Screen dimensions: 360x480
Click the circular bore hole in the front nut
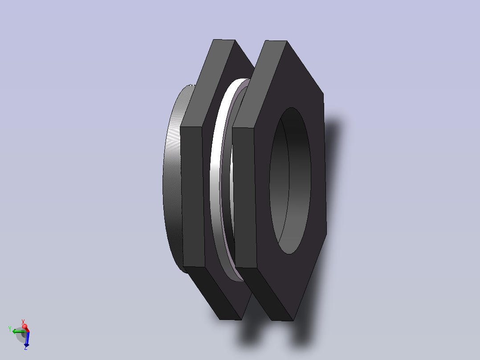click(x=290, y=180)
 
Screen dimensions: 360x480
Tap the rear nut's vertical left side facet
click(x=192, y=196)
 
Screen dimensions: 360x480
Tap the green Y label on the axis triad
click(x=9, y=329)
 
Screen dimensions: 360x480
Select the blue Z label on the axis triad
click(x=26, y=348)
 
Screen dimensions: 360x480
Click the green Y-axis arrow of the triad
click(x=17, y=331)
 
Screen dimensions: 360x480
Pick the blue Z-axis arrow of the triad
click(x=26, y=340)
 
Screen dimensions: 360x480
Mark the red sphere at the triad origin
click(x=25, y=327)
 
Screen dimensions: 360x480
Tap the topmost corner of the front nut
click(x=276, y=41)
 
